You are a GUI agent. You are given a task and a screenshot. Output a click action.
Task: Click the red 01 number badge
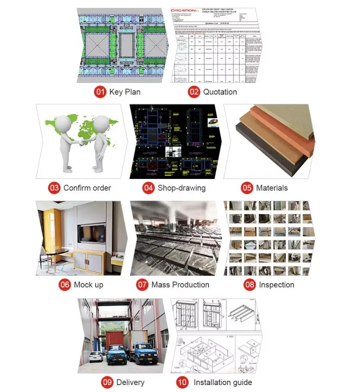(100, 92)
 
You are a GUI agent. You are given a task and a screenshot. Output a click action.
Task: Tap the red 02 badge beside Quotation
(194, 92)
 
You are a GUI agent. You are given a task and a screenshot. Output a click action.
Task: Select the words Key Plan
(125, 92)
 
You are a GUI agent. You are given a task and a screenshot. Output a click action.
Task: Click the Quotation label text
(220, 92)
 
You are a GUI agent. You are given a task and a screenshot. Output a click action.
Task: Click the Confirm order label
(87, 188)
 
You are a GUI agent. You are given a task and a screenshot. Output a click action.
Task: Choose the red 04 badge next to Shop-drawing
(148, 188)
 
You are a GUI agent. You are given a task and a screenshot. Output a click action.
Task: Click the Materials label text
(271, 188)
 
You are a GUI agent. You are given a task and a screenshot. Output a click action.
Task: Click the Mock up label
(88, 285)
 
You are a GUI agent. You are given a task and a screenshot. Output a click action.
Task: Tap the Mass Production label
(180, 285)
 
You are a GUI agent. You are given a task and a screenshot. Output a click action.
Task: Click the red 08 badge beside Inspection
(250, 285)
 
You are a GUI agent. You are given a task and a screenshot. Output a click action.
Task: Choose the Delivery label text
(130, 382)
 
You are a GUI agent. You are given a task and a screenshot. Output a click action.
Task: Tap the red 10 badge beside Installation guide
(182, 382)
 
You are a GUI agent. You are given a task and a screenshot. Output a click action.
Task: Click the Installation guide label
(222, 382)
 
